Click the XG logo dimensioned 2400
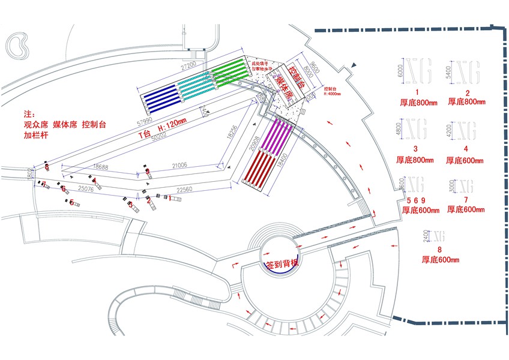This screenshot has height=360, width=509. [x=440, y=235]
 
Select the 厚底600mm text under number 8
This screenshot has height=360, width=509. [x=440, y=260]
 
